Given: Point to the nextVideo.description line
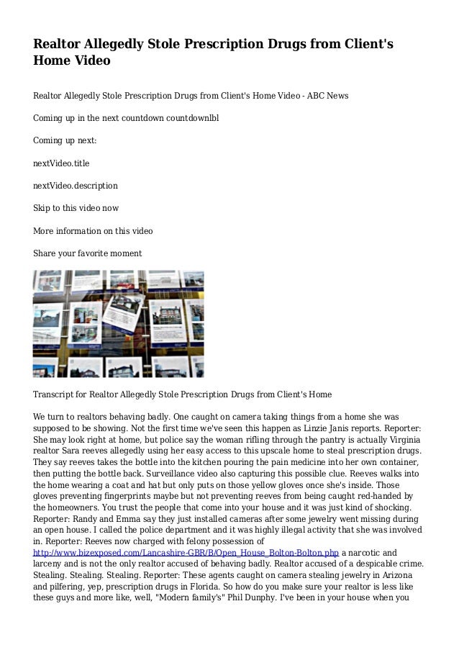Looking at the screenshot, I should [76, 185].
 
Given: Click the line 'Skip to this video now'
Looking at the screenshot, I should [76, 208].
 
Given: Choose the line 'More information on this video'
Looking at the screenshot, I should [93, 230].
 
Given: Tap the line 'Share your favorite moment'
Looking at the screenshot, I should [87, 253].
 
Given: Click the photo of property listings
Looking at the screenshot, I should [118, 324].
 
